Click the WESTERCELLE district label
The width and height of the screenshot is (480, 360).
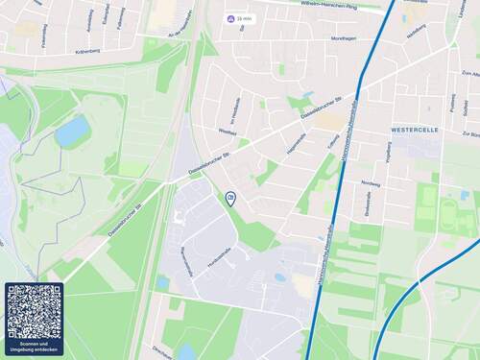click(414, 127)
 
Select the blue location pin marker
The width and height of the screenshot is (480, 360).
click(230, 198)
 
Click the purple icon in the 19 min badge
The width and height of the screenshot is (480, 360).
click(229, 18)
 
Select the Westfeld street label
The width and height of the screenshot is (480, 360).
click(227, 132)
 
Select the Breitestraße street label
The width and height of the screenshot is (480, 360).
click(368, 203)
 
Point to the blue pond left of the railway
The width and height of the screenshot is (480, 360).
click(72, 131)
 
